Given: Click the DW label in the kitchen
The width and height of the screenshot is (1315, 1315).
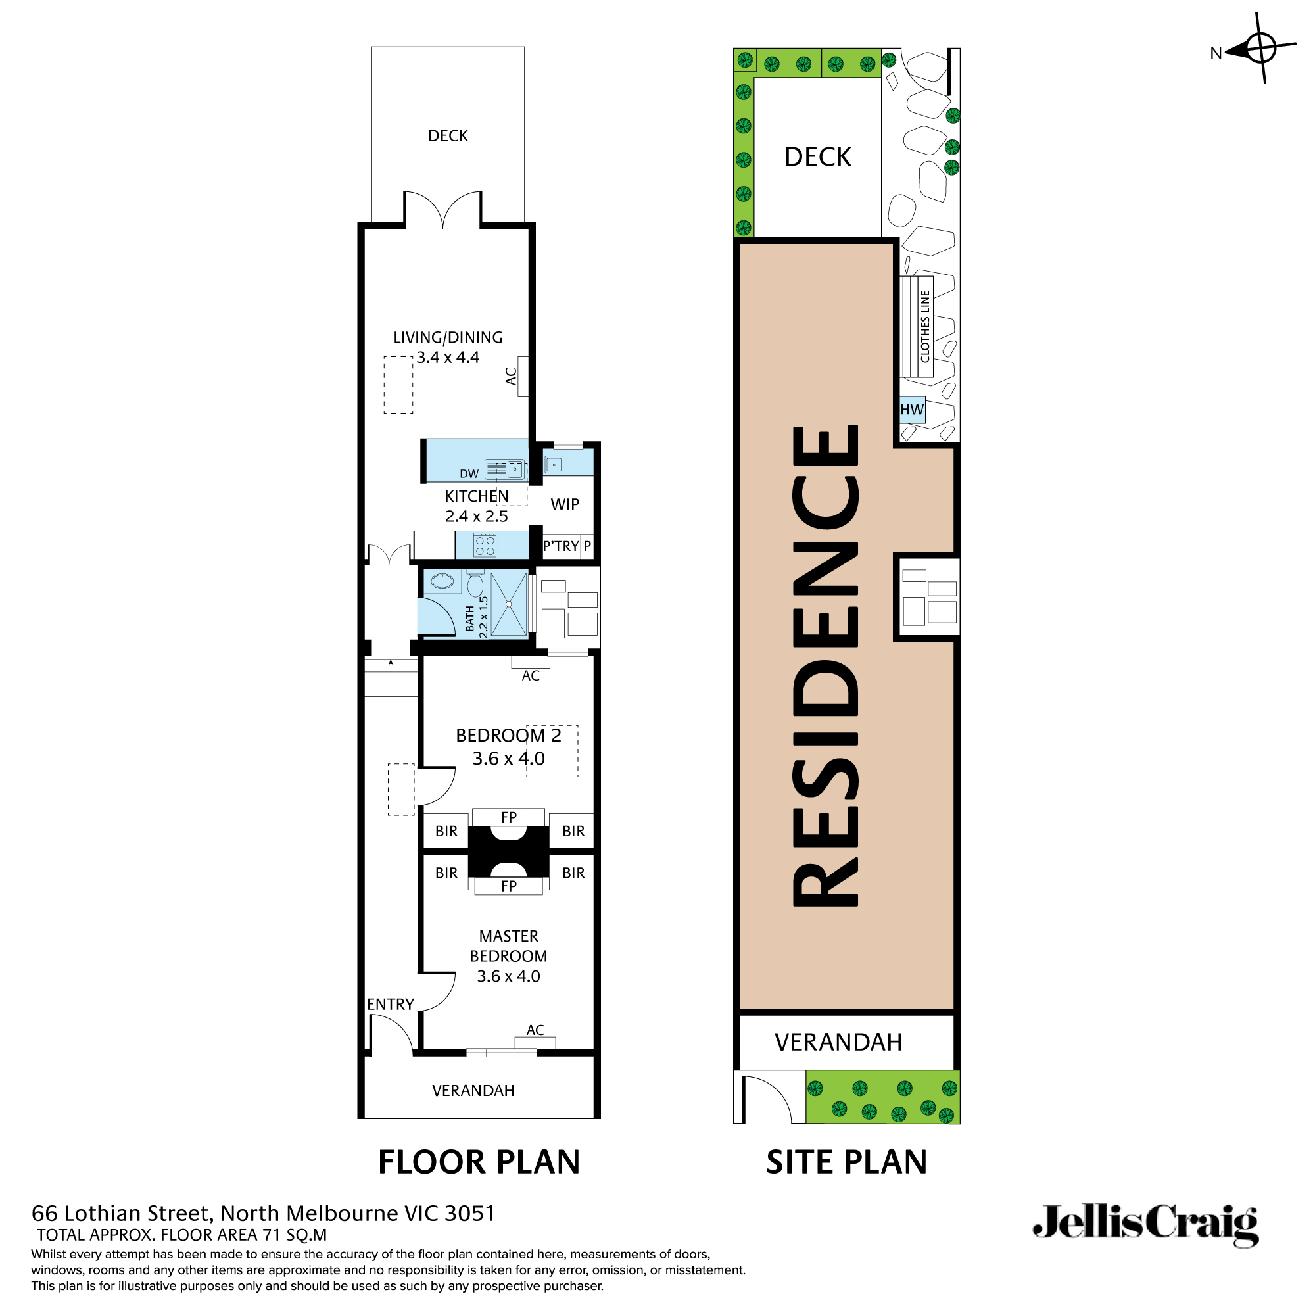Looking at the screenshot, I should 469,473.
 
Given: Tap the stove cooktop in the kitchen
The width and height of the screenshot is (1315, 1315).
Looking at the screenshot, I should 485,545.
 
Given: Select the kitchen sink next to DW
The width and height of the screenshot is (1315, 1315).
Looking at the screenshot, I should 506,469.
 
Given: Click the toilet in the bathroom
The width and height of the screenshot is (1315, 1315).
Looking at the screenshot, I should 475,584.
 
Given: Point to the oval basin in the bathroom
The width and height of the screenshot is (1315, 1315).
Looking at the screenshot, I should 442,581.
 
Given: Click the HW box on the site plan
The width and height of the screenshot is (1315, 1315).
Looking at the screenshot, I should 912,410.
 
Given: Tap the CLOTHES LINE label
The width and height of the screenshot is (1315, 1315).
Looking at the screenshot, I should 925,327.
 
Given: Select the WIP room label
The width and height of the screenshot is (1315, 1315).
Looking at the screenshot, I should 565,504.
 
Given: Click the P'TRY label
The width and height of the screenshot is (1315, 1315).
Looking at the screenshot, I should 561,546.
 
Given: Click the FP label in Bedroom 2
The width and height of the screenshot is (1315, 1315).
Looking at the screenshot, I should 508,817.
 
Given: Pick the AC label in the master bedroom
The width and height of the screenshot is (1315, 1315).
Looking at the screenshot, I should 535,1030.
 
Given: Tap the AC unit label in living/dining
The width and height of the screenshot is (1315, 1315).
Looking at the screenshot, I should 511,375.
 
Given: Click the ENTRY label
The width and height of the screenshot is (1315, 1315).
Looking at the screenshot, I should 390,1004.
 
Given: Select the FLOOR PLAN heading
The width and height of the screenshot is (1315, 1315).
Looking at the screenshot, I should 479,1162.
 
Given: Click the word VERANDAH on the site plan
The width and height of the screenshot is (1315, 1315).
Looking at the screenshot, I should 838,1042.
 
